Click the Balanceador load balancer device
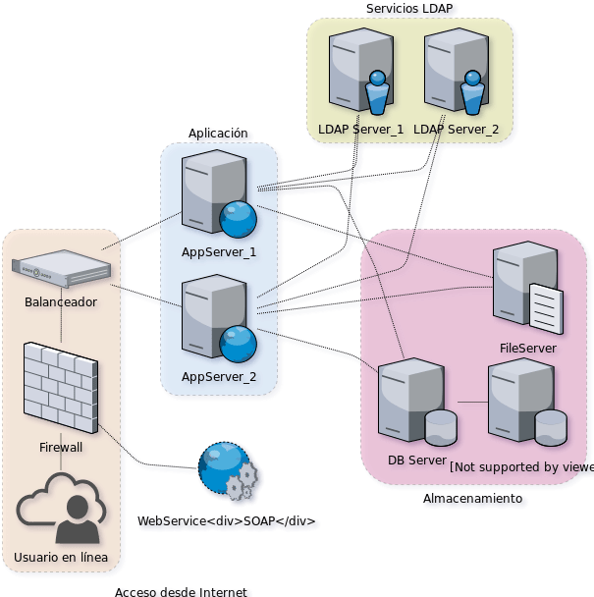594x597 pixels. pyautogui.click(x=60, y=267)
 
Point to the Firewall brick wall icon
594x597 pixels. pyautogui.click(x=60, y=386)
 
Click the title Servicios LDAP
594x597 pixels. pyautogui.click(x=412, y=9)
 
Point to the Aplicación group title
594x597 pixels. pyautogui.click(x=218, y=134)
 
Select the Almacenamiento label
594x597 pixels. pyautogui.click(x=472, y=500)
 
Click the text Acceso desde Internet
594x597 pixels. pyautogui.click(x=184, y=591)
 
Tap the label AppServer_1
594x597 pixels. pyautogui.click(x=218, y=252)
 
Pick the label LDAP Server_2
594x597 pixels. pyautogui.click(x=457, y=130)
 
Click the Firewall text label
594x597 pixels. pyautogui.click(x=60, y=447)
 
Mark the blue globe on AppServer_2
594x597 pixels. pyautogui.click(x=238, y=343)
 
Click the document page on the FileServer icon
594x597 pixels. pyautogui.click(x=546, y=308)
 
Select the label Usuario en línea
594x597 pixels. pyautogui.click(x=60, y=560)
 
